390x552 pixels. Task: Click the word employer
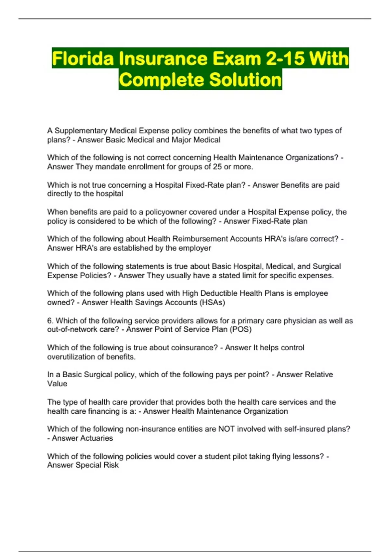195,248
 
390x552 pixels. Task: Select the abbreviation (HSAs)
212,302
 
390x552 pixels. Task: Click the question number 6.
50,321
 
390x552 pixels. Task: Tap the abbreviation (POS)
241,329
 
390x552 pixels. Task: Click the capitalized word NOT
227,429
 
